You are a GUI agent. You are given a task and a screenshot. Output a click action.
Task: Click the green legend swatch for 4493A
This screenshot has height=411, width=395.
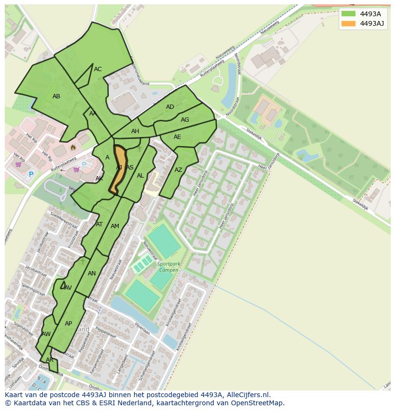[x=348, y=14]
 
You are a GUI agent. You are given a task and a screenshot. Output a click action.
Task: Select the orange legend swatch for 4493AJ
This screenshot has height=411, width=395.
[x=348, y=23]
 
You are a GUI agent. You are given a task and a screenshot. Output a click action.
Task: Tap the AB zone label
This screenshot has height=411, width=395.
[x=56, y=96]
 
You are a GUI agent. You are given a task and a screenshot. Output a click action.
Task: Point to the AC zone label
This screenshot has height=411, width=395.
[x=98, y=69]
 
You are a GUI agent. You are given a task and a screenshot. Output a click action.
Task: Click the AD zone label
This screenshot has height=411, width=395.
[x=170, y=107]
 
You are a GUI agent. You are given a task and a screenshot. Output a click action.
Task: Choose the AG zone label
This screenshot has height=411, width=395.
[x=185, y=120]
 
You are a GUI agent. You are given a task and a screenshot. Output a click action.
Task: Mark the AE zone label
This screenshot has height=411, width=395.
[x=177, y=137]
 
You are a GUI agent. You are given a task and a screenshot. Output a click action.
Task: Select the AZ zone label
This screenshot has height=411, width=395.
[x=178, y=170]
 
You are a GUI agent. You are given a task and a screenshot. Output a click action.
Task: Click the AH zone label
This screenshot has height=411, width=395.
[x=135, y=131]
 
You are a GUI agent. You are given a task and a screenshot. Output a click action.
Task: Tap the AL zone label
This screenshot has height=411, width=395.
[x=140, y=176]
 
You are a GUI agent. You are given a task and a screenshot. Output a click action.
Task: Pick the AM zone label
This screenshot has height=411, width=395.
[x=115, y=226]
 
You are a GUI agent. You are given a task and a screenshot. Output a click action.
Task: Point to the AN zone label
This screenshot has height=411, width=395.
[x=92, y=274]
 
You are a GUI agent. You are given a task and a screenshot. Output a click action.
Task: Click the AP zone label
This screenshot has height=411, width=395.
[x=68, y=324]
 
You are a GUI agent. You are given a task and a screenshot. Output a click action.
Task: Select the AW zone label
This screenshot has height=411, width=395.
[x=46, y=334]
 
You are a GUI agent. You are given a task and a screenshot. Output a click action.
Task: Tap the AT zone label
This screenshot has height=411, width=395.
[x=99, y=224]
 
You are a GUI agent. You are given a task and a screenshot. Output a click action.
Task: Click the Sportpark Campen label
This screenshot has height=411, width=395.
[x=168, y=267]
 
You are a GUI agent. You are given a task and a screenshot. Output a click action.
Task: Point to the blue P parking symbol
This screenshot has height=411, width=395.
[x=31, y=175]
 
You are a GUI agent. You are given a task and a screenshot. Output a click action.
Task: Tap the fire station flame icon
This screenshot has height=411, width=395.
[x=73, y=148]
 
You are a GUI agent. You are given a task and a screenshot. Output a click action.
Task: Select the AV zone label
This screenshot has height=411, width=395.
[x=68, y=287]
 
